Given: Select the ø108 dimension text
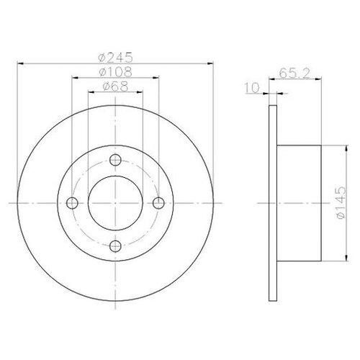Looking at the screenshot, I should coord(115,72).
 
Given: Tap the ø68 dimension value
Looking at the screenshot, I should coord(115,86).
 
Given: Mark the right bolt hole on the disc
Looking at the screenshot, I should coord(158,203).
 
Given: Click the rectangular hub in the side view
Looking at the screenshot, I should coord(298,204).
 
